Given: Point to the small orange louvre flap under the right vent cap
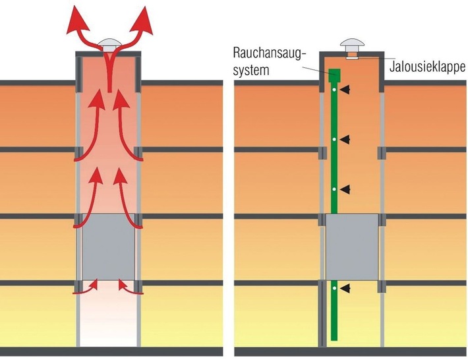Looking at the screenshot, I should [351, 59].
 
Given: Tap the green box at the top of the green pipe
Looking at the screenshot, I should [334, 76].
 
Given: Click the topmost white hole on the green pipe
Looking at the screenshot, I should [335, 89].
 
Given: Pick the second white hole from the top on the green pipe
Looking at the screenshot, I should [335, 139].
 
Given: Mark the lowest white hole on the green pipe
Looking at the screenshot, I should [335, 289].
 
